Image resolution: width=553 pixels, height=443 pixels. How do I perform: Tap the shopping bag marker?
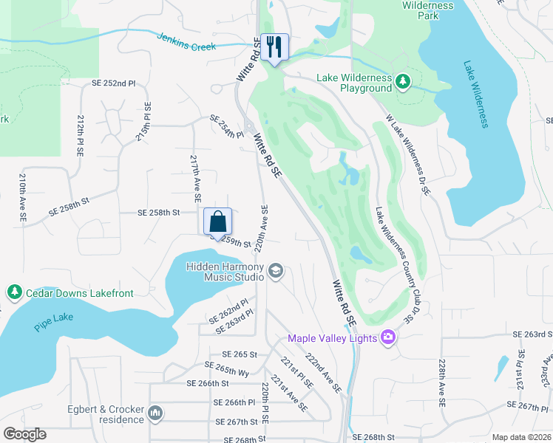tap(218, 221)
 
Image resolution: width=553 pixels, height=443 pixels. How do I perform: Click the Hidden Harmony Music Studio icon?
tap(276, 271)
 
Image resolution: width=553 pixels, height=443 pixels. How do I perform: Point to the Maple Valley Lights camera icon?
tap(388, 337)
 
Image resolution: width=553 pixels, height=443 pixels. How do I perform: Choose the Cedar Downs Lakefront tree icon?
tap(14, 293)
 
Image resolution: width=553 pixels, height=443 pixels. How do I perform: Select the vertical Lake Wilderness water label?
tap(476, 93)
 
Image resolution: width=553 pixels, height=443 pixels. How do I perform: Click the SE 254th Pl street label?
tap(226, 126)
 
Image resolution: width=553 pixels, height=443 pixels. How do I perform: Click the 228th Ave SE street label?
tap(441, 384)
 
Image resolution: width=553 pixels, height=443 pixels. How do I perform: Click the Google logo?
tap(24, 434)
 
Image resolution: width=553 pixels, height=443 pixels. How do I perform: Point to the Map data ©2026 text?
tap(521, 437)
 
